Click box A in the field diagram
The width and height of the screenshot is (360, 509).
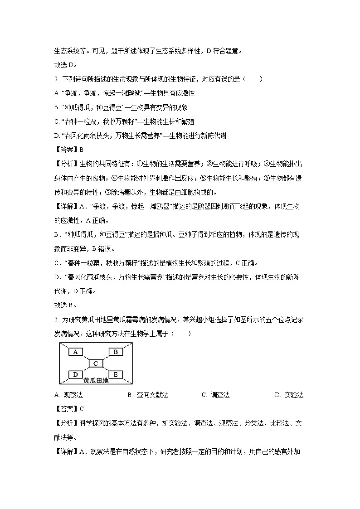(76, 352)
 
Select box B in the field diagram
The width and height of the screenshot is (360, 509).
(115, 352)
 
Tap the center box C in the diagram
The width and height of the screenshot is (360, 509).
(96, 363)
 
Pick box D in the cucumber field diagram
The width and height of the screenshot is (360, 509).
(76, 374)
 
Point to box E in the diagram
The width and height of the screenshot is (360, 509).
(115, 374)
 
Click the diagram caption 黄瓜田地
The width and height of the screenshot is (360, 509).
(96, 381)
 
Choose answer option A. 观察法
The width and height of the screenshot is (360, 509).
(68, 395)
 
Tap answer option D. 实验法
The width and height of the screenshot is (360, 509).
(289, 395)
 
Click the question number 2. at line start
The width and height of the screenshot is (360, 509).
(56, 79)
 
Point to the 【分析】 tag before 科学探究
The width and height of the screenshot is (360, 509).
(67, 423)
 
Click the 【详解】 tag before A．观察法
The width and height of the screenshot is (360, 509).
(67, 452)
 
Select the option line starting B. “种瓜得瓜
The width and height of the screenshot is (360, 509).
(121, 107)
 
